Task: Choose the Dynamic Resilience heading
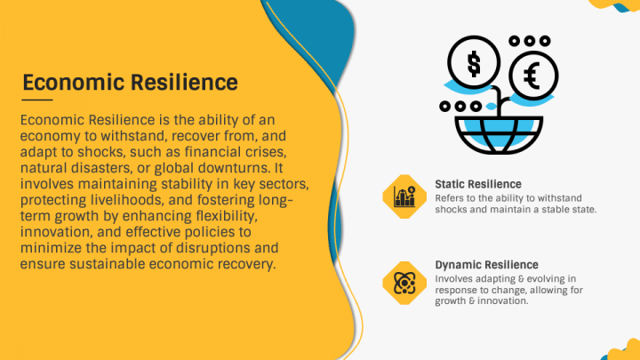click(x=486, y=265)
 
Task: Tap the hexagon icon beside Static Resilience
click(x=404, y=196)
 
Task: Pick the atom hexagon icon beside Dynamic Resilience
click(x=404, y=282)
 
